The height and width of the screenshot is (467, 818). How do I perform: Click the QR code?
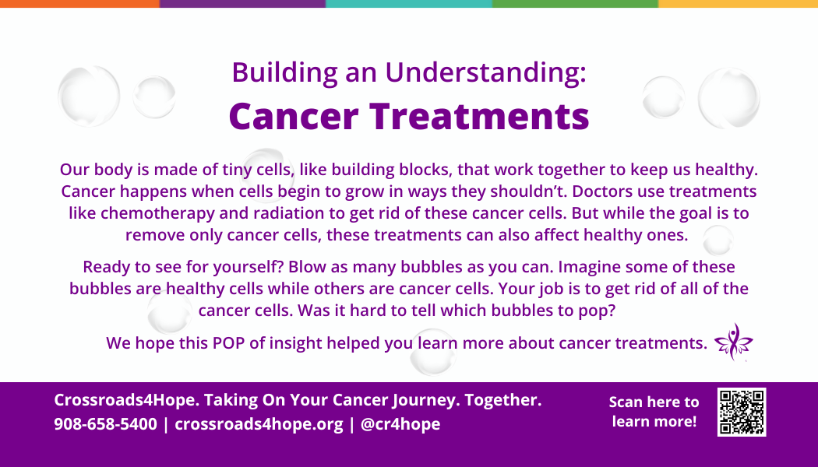(x=742, y=412)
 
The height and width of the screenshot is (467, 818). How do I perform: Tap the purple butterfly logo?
(x=734, y=342)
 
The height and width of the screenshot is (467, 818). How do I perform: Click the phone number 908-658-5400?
(x=105, y=423)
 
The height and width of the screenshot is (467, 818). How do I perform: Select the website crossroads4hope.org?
(x=259, y=424)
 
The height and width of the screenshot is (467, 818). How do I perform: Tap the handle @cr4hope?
(x=400, y=424)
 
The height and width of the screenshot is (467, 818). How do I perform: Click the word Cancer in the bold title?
(x=294, y=116)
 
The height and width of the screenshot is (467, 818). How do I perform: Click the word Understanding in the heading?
(x=485, y=73)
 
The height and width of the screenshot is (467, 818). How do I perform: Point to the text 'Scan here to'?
(x=654, y=402)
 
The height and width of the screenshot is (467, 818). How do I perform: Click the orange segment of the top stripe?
(x=79, y=4)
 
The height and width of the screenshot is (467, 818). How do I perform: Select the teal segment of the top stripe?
(x=409, y=4)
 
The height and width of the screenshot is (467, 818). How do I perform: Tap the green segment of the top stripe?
(x=576, y=4)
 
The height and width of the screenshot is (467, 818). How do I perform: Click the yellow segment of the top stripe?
(x=739, y=4)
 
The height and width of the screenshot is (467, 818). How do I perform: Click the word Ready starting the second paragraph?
(x=107, y=267)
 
